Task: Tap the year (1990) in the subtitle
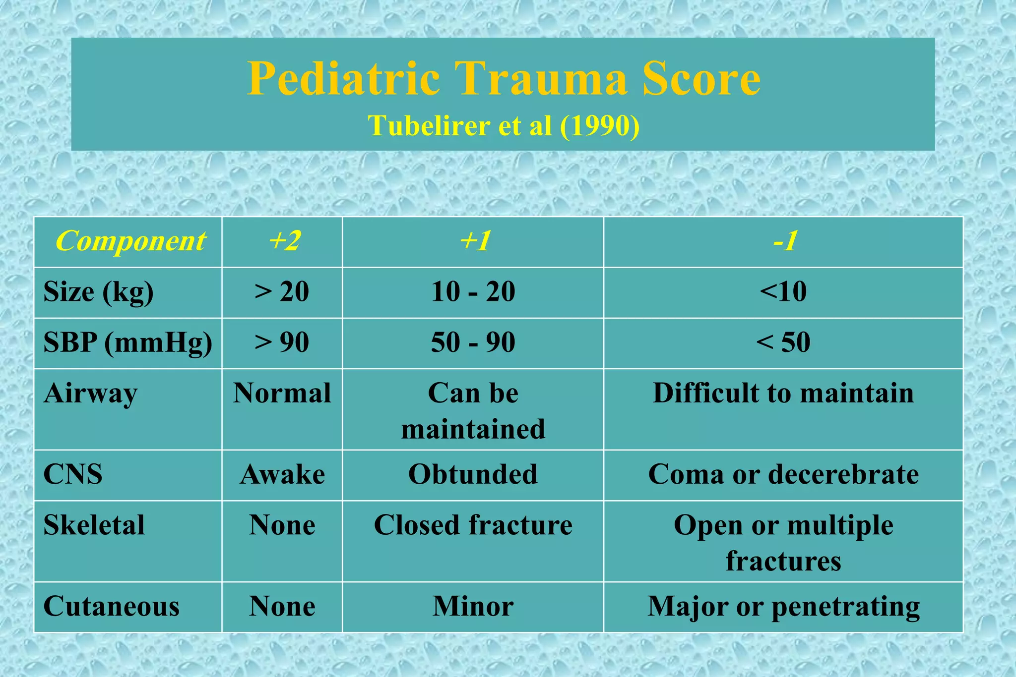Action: coord(599,125)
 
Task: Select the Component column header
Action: coord(130,241)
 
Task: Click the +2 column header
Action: coord(284,241)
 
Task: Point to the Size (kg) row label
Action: coord(98,292)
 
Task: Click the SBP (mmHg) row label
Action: coord(127,342)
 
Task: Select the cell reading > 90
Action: coord(282,342)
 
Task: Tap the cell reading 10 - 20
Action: coord(473,291)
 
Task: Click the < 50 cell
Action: coord(783,342)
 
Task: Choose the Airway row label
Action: coord(90,394)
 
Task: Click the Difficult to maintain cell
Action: coord(783,394)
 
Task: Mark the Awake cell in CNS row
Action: coord(282,475)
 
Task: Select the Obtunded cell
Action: coord(473,474)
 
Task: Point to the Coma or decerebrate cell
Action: coord(783,474)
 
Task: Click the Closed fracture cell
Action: coord(473,525)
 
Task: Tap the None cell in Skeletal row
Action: coord(282,525)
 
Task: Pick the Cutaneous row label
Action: coord(111,607)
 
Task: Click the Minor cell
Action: coord(473,607)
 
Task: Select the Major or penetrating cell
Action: coord(783,607)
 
